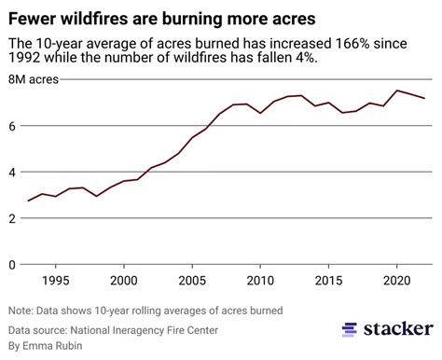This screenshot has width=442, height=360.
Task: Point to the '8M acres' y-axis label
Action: (33, 80)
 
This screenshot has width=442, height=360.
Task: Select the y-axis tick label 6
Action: (12, 126)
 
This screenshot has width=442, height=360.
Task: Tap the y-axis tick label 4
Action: (12, 173)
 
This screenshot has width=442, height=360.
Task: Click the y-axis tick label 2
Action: (12, 218)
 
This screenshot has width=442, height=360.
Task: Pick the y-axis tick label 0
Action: (12, 265)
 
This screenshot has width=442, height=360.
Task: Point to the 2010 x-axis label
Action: (260, 281)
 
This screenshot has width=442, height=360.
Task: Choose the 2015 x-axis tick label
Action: (328, 281)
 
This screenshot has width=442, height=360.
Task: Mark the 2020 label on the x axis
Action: (397, 281)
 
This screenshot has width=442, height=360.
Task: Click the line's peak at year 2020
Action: (397, 90)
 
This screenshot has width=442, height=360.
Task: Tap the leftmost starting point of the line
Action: (28, 201)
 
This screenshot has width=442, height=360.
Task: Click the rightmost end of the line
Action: (425, 99)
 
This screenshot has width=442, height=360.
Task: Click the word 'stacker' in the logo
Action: (395, 329)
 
